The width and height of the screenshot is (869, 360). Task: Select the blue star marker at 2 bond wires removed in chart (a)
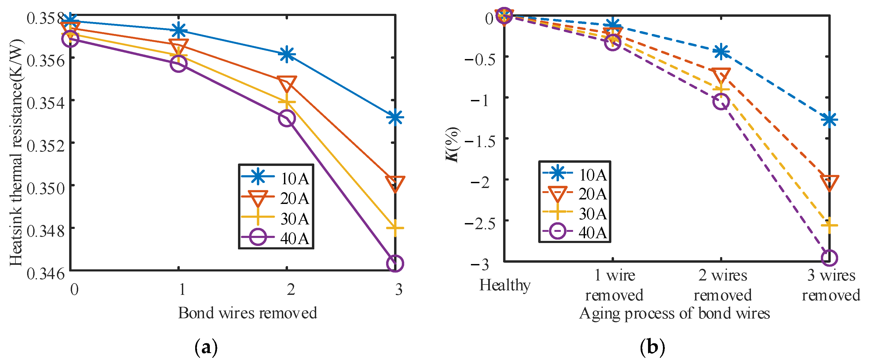pyautogui.click(x=287, y=54)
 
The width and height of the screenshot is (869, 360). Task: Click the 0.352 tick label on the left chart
pyautogui.click(x=45, y=146)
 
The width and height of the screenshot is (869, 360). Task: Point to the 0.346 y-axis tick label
pyautogui.click(x=45, y=273)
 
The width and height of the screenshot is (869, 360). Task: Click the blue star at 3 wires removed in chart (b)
pyautogui.click(x=829, y=119)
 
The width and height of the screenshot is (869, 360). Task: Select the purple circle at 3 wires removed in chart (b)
pyautogui.click(x=829, y=258)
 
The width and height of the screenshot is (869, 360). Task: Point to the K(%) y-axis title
pyautogui.click(x=452, y=145)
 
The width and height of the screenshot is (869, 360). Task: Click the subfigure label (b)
pyautogui.click(x=652, y=348)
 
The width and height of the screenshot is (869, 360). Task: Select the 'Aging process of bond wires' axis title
pyautogui.click(x=674, y=313)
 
